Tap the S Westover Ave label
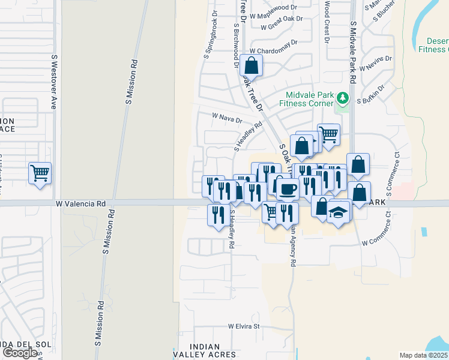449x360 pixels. pyautogui.click(x=54, y=82)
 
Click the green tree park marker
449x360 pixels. pyautogui.click(x=342, y=97)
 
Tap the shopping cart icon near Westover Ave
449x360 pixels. pyautogui.click(x=40, y=173)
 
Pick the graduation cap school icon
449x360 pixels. pyautogui.click(x=339, y=212)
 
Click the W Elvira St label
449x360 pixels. pyautogui.click(x=243, y=326)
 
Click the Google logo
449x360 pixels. pyautogui.click(x=20, y=352)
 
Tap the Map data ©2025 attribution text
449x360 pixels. pyautogui.click(x=423, y=355)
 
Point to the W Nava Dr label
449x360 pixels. pyautogui.click(x=227, y=118)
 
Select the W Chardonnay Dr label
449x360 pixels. pyautogui.click(x=274, y=52)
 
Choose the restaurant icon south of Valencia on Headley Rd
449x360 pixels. pyautogui.click(x=217, y=215)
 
